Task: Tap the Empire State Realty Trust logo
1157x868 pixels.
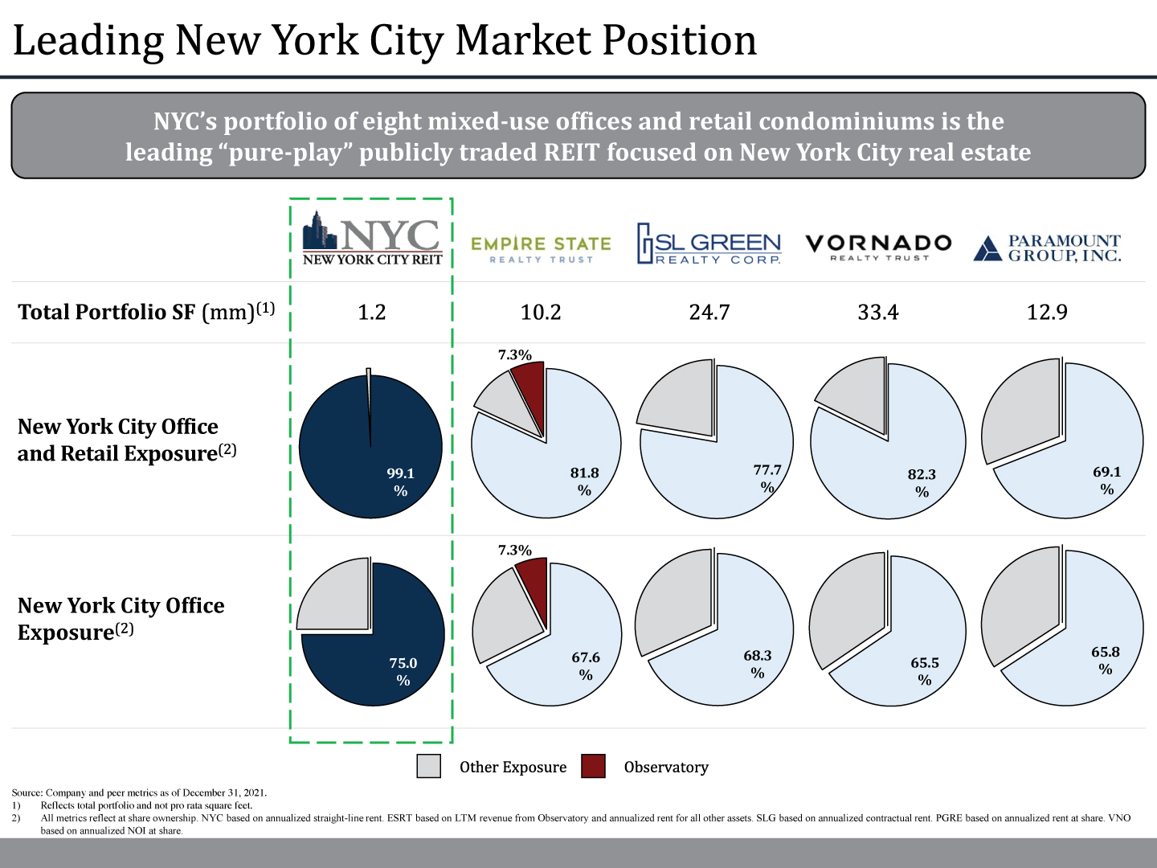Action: (541, 248)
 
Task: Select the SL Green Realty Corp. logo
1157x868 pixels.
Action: (709, 244)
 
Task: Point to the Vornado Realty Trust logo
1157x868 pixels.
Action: (878, 246)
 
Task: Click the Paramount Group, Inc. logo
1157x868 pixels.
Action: (1047, 248)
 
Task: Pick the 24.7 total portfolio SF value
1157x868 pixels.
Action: (709, 312)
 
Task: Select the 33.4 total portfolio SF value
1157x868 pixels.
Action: (878, 312)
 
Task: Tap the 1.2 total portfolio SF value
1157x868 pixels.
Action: (372, 312)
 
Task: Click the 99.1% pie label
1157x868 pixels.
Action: (401, 481)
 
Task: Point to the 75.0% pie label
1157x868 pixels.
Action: (403, 671)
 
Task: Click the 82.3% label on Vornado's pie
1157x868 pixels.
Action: (922, 482)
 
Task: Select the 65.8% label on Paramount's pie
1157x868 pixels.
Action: (1106, 660)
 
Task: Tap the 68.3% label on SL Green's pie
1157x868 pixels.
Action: (758, 663)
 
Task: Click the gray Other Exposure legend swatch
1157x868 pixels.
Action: (429, 767)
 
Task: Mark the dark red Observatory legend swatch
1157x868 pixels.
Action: (593, 767)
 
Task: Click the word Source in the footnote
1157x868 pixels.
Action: (27, 792)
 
